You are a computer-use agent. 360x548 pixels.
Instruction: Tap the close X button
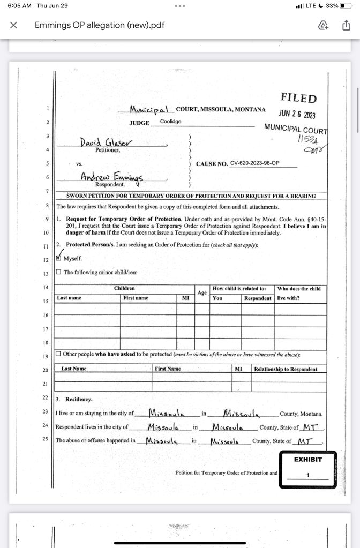(14, 25)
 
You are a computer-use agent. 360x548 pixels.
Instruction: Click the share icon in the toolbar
(346, 25)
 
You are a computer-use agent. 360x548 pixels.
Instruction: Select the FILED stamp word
(298, 98)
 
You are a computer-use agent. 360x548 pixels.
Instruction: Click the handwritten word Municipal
(149, 109)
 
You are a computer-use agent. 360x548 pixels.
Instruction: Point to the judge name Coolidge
(170, 122)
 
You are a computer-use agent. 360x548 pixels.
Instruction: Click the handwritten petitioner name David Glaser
(107, 142)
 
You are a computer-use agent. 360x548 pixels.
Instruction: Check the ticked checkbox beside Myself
(59, 258)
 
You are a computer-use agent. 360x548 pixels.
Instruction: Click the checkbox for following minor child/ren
(58, 272)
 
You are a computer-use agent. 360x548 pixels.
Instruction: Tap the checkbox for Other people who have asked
(58, 354)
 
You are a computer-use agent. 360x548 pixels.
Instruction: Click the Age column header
(202, 293)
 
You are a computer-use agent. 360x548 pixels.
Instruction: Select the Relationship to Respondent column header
(286, 369)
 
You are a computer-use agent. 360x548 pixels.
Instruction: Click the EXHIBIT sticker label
(308, 460)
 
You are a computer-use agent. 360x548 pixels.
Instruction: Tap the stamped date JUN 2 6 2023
(297, 114)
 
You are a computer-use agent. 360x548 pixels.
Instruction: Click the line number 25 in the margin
(46, 439)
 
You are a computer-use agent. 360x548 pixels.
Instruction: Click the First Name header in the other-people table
(168, 369)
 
